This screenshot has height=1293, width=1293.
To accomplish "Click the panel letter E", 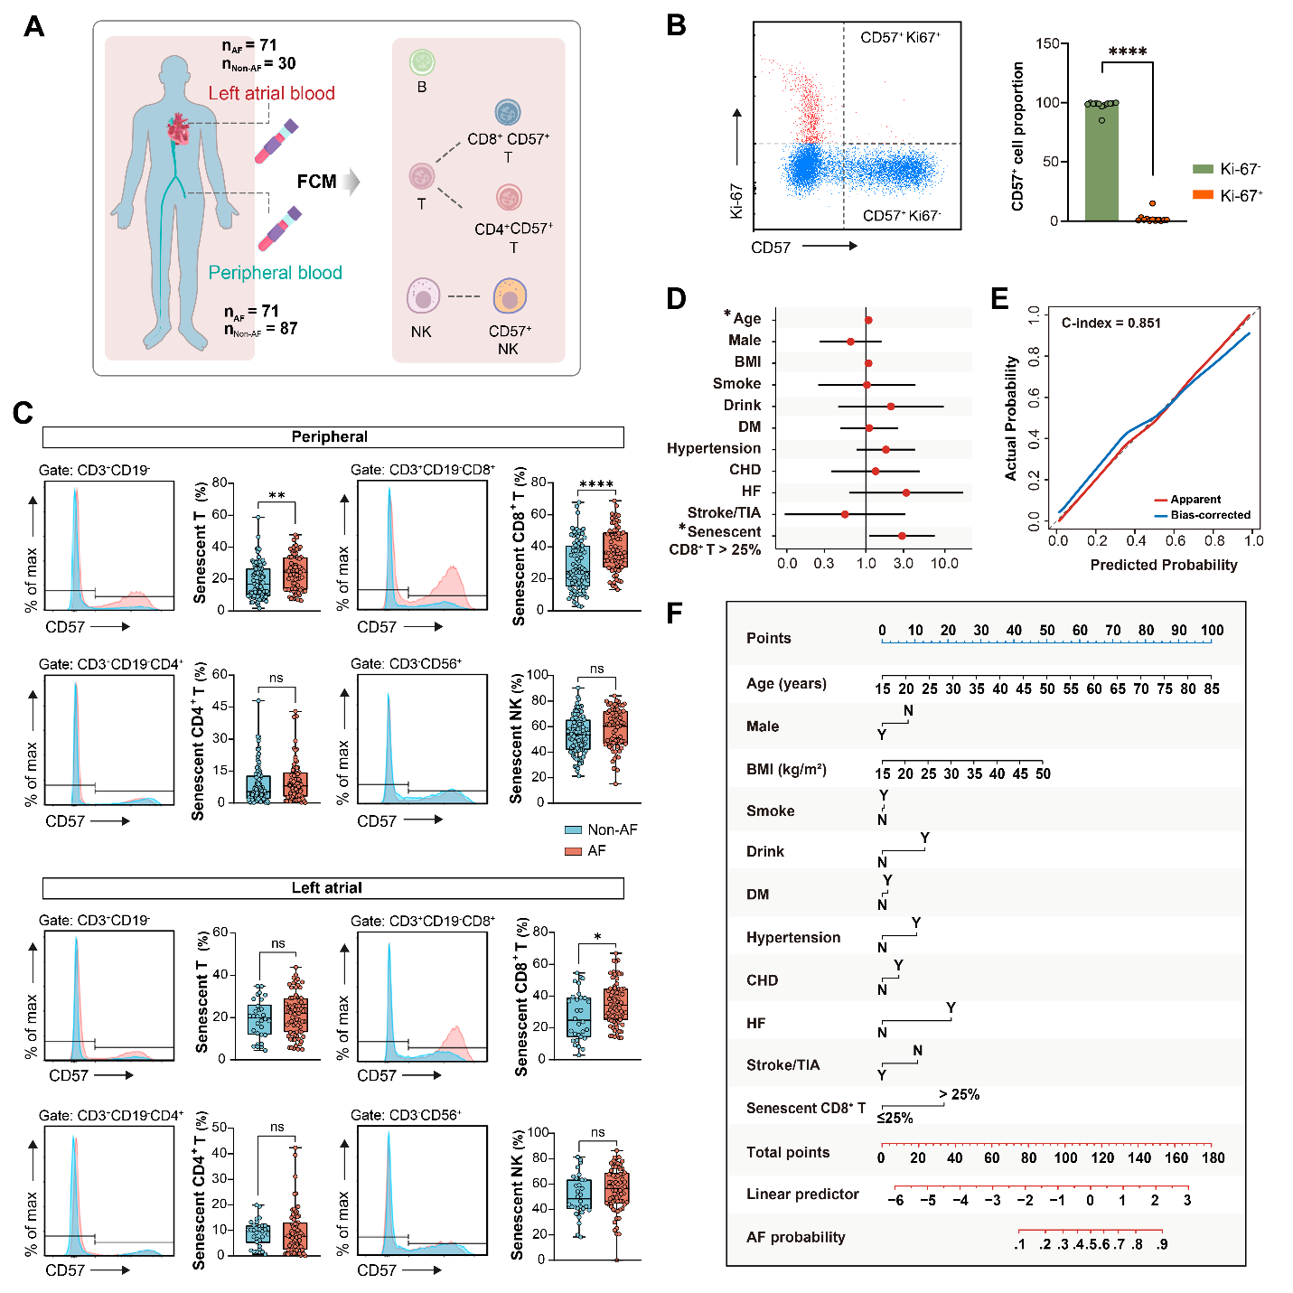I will pos(999,298).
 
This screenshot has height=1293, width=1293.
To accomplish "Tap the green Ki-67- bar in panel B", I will pos(1101,163).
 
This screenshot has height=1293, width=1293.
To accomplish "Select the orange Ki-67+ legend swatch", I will pos(1203,195).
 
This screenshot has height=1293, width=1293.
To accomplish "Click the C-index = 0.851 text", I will pos(1110,323).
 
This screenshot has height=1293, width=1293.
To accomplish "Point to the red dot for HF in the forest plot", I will pos(906,492).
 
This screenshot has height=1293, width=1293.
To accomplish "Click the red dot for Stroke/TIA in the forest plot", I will pos(845,514).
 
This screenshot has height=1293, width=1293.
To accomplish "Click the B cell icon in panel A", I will pos(422,62).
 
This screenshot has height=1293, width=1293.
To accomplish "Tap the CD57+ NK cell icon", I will pos(510,296).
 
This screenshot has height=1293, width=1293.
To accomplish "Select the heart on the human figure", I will pos(179,129).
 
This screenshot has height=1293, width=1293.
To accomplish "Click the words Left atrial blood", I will pos(271,93).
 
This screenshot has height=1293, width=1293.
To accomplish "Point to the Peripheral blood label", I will pos(275,273).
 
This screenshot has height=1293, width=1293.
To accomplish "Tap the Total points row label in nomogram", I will pos(787,1152).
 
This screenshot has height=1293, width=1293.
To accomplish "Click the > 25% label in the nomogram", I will pos(959,1094).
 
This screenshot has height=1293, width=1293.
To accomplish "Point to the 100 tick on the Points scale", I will pos(1212,631).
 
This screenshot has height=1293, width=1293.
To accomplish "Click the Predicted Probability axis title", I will pos(1163,565).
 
